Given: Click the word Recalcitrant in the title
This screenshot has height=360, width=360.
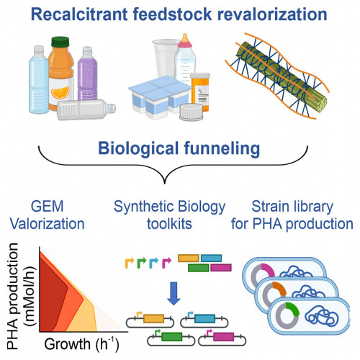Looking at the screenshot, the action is pyautogui.click(x=79, y=14).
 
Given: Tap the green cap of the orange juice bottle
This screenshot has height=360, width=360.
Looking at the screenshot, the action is pyautogui.click(x=60, y=42).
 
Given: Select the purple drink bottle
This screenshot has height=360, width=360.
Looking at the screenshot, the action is pyautogui.click(x=87, y=73).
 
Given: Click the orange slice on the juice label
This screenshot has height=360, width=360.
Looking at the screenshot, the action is pyautogui.click(x=60, y=93).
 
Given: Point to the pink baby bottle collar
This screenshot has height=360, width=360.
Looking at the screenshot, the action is pyautogui.click(x=184, y=44).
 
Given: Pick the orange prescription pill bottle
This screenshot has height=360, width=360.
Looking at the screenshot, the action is pyautogui.click(x=200, y=92).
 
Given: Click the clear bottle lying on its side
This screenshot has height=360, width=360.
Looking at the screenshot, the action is pyautogui.click(x=86, y=109).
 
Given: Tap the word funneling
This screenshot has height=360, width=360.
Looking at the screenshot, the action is pyautogui.click(x=222, y=149).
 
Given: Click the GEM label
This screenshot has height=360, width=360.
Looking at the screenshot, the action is pyautogui.click(x=48, y=206).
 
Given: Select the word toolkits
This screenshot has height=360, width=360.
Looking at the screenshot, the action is pyautogui.click(x=169, y=224).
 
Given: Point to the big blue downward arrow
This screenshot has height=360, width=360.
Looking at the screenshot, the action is pyautogui.click(x=174, y=294).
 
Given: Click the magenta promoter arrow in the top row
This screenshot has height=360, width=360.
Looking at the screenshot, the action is pyautogui.click(x=166, y=263).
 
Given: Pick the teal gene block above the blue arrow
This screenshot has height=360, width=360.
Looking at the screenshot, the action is pyautogui.click(x=211, y=258).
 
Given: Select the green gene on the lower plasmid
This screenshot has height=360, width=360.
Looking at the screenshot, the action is pyautogui.click(x=171, y=336).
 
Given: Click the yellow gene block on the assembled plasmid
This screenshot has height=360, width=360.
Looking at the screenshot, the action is pyautogui.click(x=153, y=318).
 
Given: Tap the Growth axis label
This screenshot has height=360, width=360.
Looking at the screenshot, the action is pyautogui.click(x=81, y=344).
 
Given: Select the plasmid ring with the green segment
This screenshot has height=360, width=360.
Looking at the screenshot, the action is pyautogui.click(x=287, y=316).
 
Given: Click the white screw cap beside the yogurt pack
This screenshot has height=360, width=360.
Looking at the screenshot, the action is pyautogui.click(x=192, y=112).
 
